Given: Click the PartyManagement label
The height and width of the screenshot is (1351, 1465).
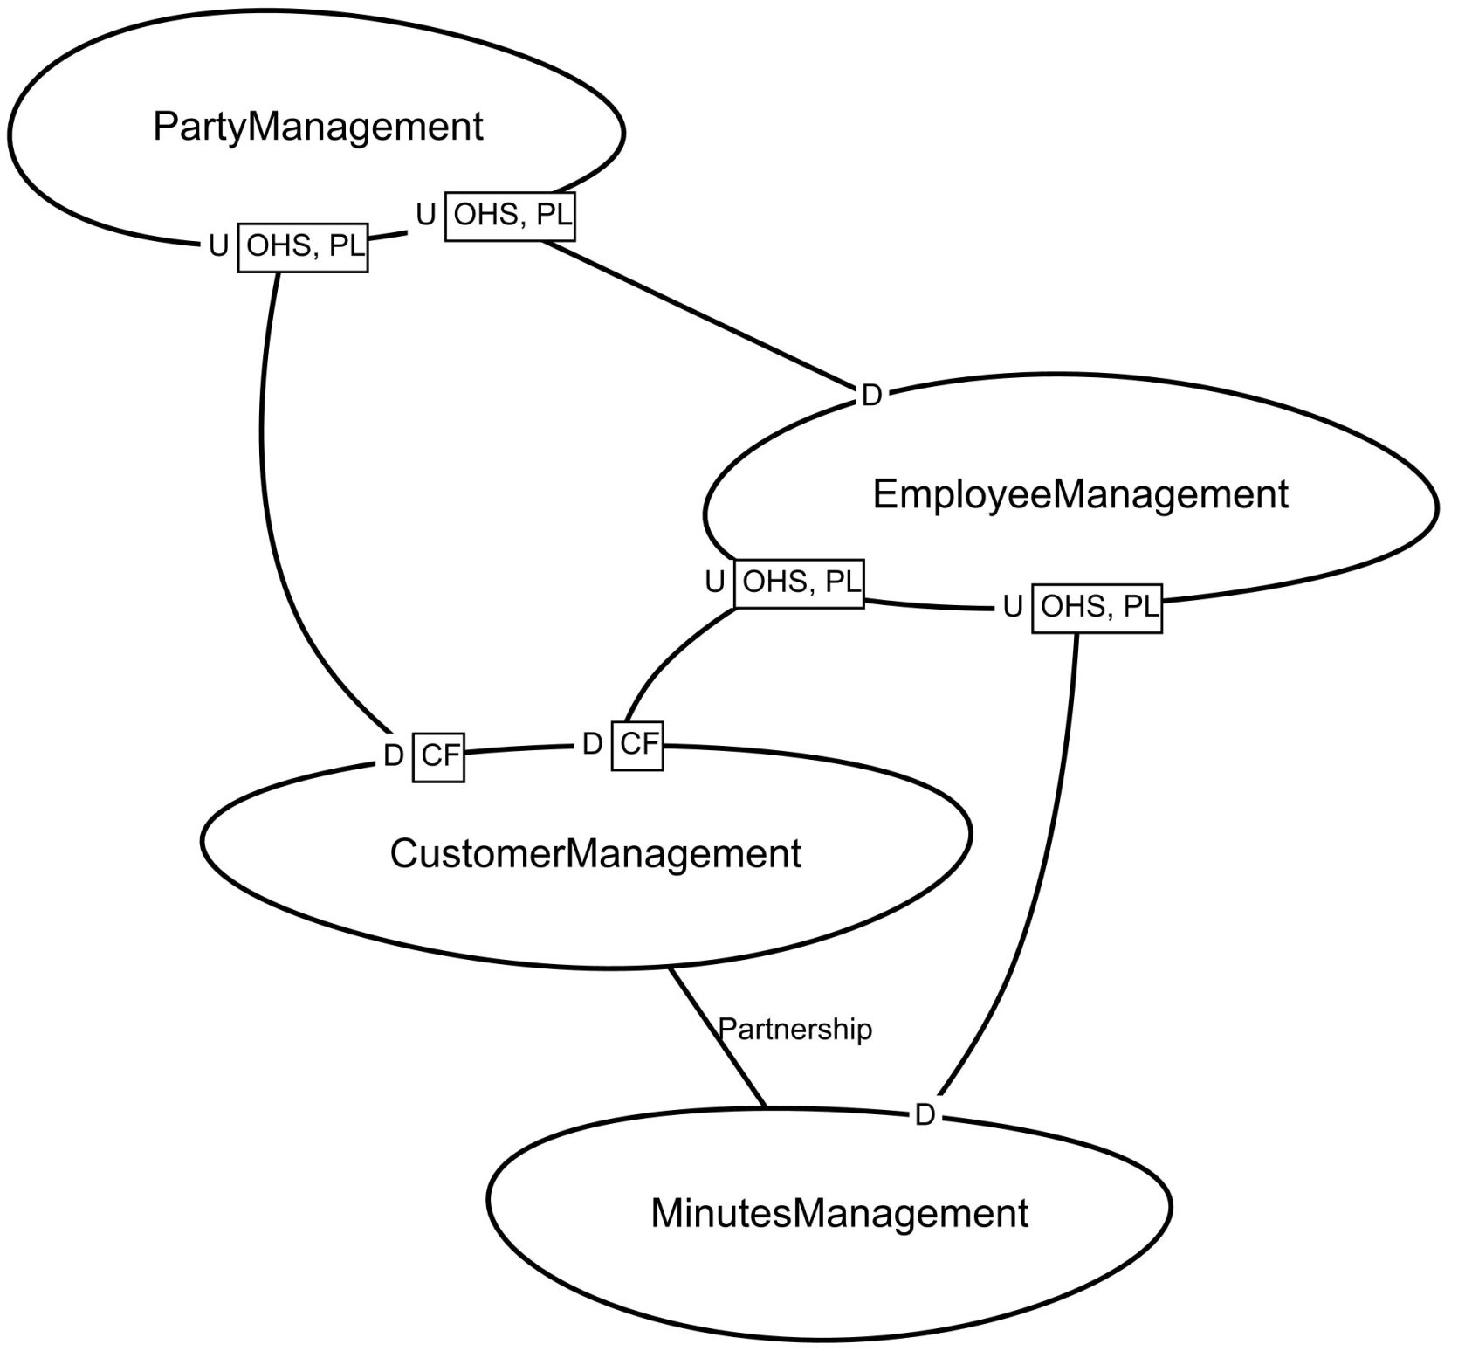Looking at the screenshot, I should click(318, 127).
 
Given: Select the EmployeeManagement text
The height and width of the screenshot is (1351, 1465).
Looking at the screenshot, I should click(1080, 494).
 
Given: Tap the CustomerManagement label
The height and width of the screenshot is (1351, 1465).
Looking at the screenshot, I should click(595, 853).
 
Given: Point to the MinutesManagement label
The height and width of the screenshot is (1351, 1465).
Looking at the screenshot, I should click(840, 1214).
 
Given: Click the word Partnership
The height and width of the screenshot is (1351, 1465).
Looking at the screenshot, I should click(794, 1030).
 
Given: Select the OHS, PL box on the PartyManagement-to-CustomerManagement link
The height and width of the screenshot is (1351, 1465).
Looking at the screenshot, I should click(303, 247).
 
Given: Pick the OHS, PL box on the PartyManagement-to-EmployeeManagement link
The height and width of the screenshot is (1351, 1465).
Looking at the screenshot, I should click(511, 215).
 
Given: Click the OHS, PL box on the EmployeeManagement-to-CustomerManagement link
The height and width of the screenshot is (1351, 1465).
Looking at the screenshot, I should click(799, 582).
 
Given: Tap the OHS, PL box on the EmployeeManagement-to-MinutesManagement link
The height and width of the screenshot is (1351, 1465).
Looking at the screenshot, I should click(1097, 607).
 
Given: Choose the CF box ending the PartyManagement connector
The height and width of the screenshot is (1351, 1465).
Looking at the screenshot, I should click(438, 755).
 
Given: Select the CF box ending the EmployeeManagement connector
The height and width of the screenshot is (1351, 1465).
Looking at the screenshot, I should click(637, 745).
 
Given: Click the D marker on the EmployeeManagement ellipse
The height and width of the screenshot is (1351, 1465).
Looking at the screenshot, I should click(871, 396).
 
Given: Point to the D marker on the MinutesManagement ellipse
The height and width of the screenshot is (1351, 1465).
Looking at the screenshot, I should click(925, 1115).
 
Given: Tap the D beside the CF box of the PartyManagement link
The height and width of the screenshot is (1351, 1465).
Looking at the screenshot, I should click(394, 756).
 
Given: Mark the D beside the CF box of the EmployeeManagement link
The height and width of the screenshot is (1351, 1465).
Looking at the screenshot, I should click(592, 745).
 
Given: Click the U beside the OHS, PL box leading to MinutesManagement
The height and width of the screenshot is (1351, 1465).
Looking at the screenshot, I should click(1013, 607).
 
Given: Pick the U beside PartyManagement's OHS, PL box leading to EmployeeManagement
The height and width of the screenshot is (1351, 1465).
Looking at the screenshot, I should click(426, 215).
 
